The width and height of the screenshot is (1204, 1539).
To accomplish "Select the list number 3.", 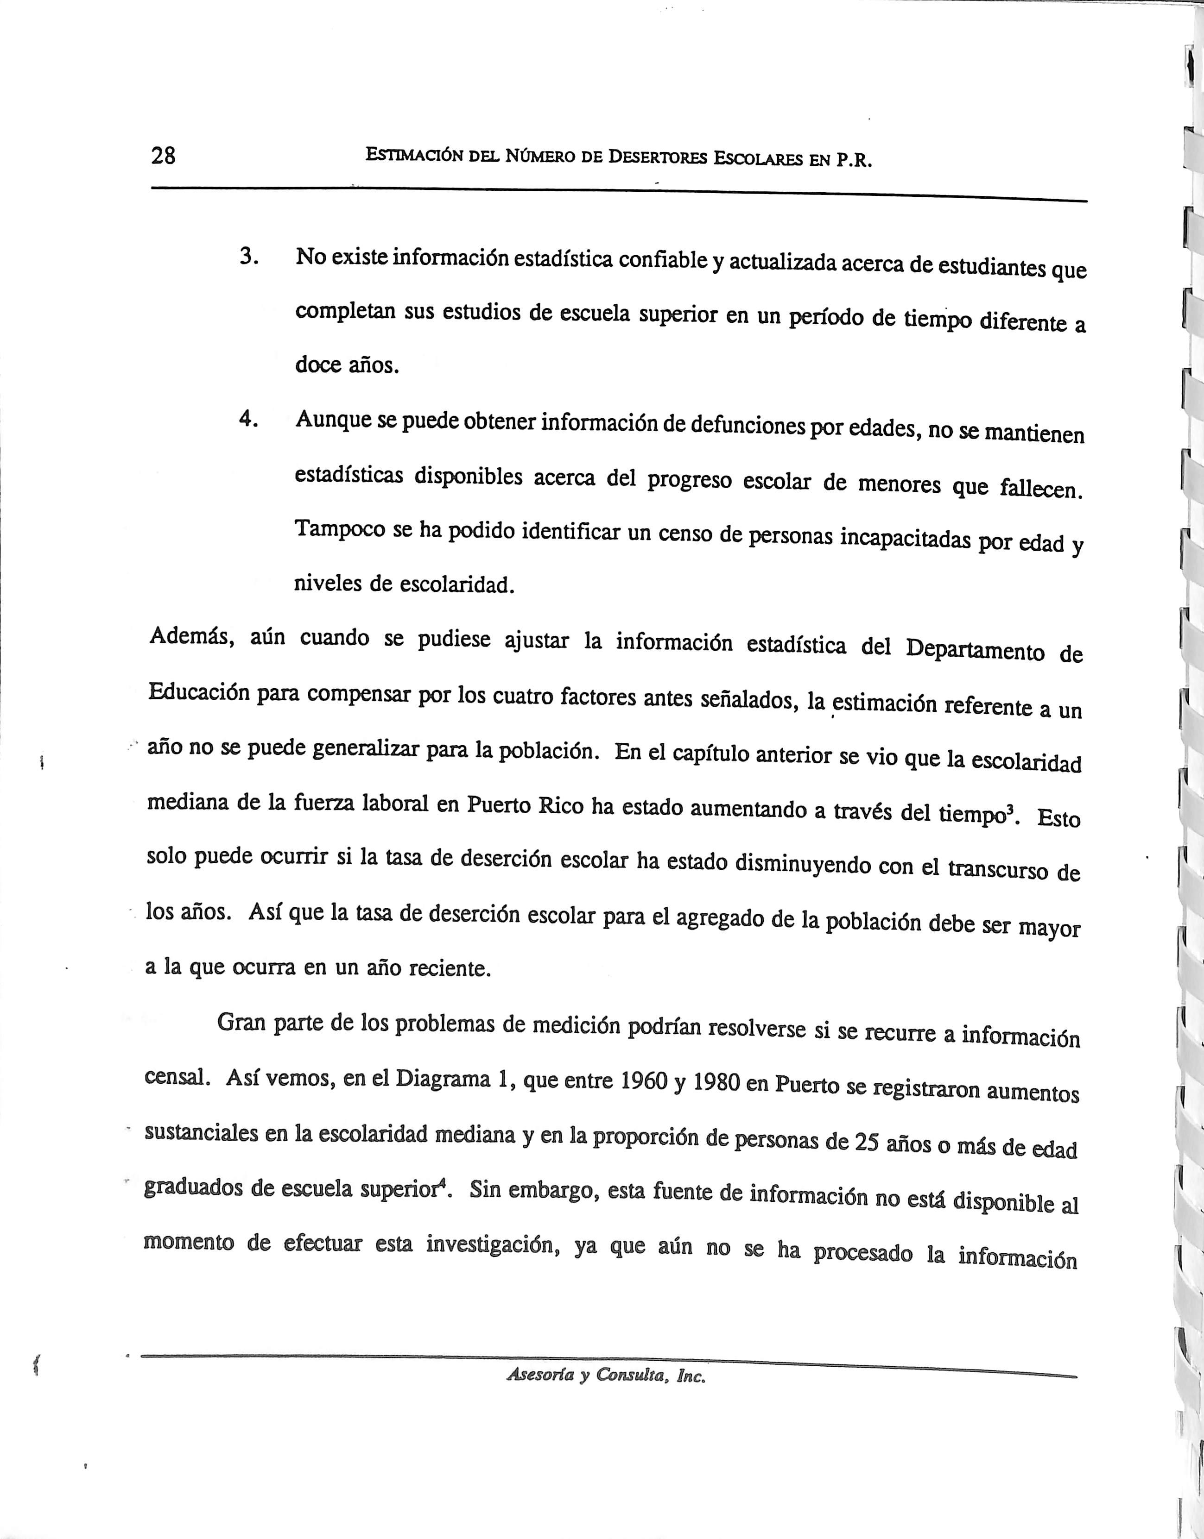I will (247, 257).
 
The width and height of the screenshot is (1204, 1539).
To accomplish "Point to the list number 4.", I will (247, 419).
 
